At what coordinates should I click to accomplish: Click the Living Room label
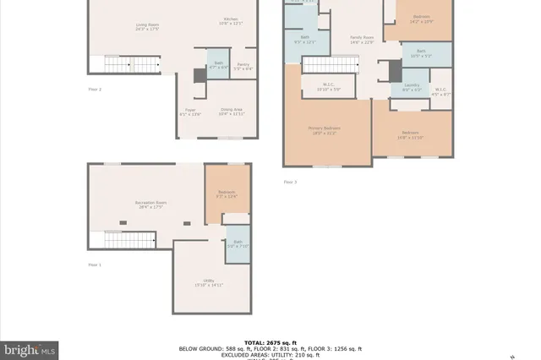(x=147, y=27)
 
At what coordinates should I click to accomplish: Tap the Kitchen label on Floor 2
(x=231, y=21)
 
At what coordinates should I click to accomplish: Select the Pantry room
(x=243, y=67)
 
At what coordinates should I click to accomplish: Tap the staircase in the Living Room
(x=131, y=65)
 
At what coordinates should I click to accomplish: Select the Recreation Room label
(x=149, y=204)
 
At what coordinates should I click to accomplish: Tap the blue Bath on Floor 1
(x=238, y=244)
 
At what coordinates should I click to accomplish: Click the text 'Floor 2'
(x=95, y=89)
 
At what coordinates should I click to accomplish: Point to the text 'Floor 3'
(x=290, y=182)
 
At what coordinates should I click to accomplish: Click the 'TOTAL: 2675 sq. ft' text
(x=270, y=341)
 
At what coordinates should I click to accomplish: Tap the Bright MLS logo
(x=30, y=348)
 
